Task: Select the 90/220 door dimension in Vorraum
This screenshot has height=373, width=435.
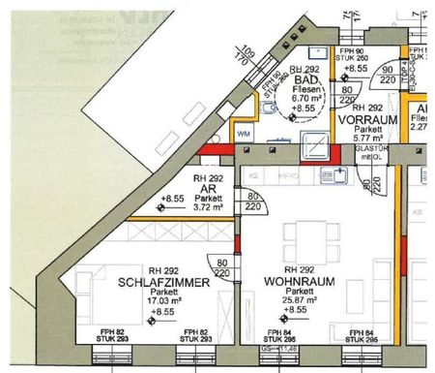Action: click(x=387, y=75)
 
